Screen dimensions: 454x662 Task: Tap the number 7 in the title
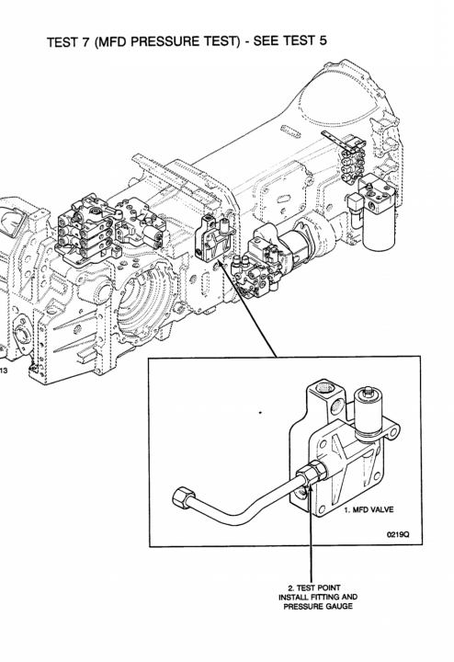click(87, 42)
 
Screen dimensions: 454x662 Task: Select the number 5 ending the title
click(323, 40)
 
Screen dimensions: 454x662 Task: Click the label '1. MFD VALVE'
click(369, 509)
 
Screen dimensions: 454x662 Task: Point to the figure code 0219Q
click(398, 534)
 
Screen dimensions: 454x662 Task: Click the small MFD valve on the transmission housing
click(214, 238)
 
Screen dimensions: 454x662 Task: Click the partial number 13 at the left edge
click(4, 371)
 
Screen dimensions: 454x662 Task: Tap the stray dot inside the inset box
click(260, 412)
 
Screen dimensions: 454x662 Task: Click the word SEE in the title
click(267, 40)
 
